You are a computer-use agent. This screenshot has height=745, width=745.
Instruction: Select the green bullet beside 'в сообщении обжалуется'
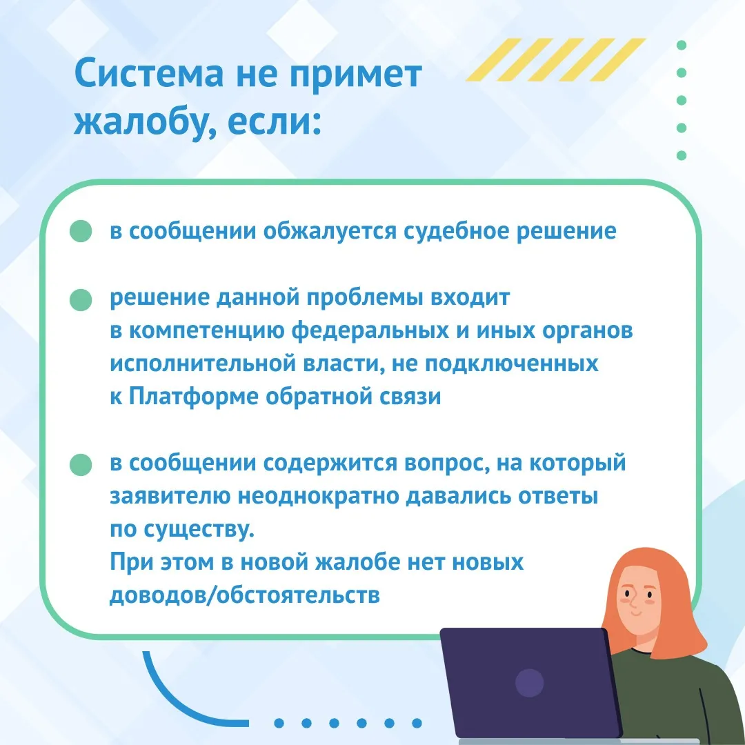pyautogui.click(x=81, y=231)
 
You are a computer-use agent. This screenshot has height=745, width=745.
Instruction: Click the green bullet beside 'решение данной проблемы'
pyautogui.click(x=81, y=300)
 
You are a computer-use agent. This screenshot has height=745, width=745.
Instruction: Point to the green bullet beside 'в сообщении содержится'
pyautogui.click(x=81, y=464)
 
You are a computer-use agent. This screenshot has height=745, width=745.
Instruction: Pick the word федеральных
pyautogui.click(x=370, y=330)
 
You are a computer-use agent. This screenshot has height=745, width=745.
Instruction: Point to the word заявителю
pyautogui.click(x=170, y=497)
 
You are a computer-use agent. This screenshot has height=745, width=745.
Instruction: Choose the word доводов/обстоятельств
pyautogui.click(x=245, y=595)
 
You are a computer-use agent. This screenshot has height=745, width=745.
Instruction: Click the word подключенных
pyautogui.click(x=511, y=364)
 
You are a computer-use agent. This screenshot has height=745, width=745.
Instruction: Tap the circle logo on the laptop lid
pyautogui.click(x=529, y=683)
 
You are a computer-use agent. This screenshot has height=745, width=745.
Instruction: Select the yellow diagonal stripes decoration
pyautogui.click(x=556, y=59)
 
